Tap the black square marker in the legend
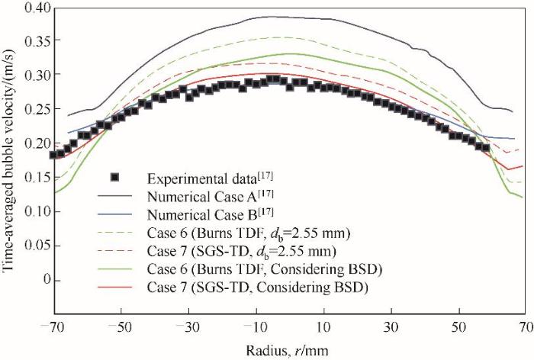click(x=116, y=178)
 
